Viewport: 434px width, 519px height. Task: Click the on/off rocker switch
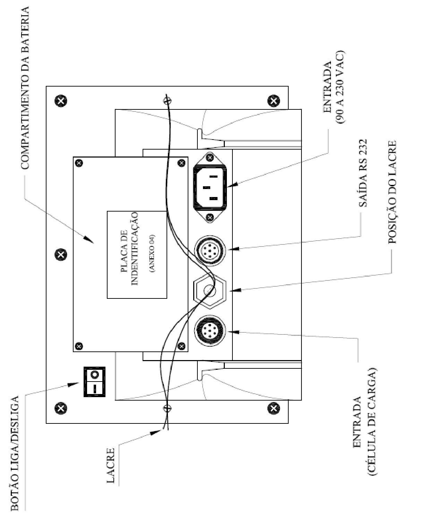point(94,382)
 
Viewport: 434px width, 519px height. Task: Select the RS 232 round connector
point(210,251)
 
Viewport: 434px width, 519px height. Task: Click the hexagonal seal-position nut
point(210,290)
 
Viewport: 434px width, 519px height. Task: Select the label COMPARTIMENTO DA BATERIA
point(25,88)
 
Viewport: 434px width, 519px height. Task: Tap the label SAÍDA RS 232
point(363,173)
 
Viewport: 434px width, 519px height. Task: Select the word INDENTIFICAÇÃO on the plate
point(135,249)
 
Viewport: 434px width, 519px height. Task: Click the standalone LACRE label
point(111,469)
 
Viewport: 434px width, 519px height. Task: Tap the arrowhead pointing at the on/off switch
point(73,384)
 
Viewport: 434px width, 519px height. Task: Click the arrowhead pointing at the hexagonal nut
point(236,290)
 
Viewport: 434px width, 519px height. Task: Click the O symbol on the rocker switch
point(94,375)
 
